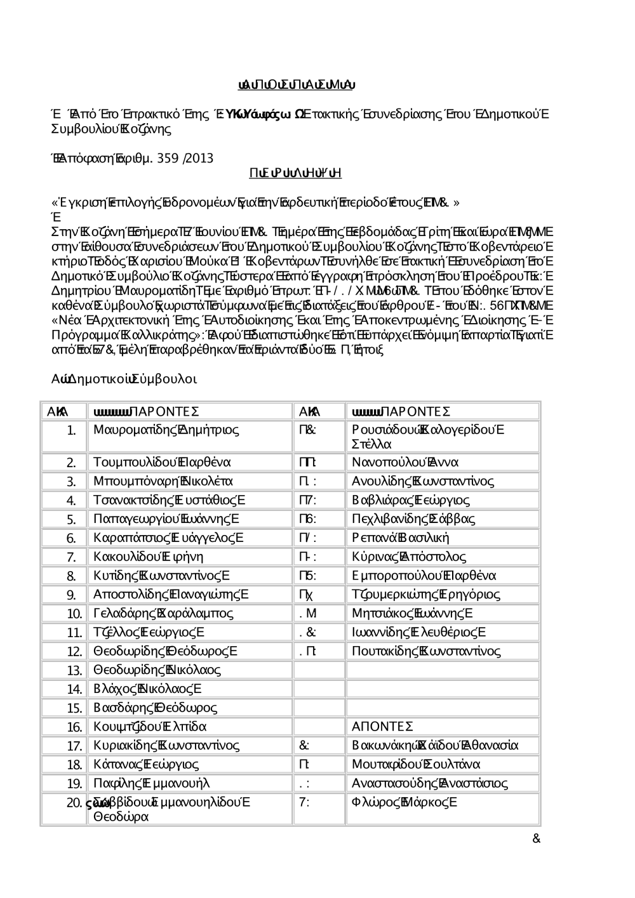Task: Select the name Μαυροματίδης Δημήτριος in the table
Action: [x=166, y=430]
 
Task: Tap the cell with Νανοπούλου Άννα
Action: [x=404, y=462]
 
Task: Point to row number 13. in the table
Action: [x=75, y=671]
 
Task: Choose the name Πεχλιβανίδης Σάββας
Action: [x=413, y=519]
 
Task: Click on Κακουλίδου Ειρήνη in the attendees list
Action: [x=148, y=557]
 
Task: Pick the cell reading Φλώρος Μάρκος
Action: [x=403, y=802]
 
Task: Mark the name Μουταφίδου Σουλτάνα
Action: [x=416, y=765]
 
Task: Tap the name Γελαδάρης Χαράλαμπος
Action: [x=163, y=614]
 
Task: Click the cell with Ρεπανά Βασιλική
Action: [x=400, y=538]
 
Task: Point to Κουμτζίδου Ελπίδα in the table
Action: [x=150, y=727]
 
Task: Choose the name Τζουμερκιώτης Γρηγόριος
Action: [x=425, y=595]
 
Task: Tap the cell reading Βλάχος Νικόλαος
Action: [x=147, y=689]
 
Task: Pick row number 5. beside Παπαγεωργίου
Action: [x=71, y=520]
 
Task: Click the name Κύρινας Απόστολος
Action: [x=409, y=557]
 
